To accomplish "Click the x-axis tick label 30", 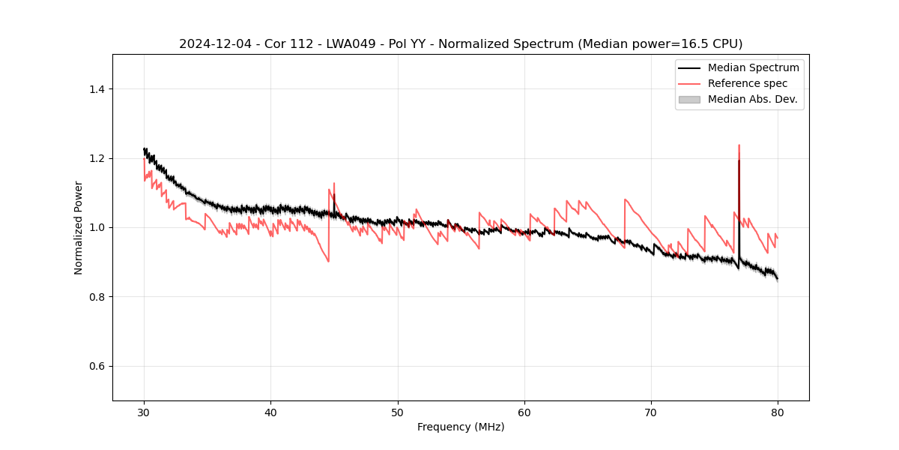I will (144, 412).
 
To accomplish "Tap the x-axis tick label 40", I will (270, 412).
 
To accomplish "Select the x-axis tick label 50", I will (398, 412).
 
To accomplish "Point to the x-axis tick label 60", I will (524, 412).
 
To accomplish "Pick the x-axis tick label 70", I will (651, 412).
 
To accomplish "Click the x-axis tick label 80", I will (778, 412).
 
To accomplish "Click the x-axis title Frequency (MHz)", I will (461, 427).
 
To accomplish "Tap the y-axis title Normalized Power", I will (79, 227).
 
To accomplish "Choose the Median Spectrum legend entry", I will (753, 67).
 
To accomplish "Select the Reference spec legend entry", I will (748, 83).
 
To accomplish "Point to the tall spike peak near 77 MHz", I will (739, 145).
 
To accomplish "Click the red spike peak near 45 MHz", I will (334, 183).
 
